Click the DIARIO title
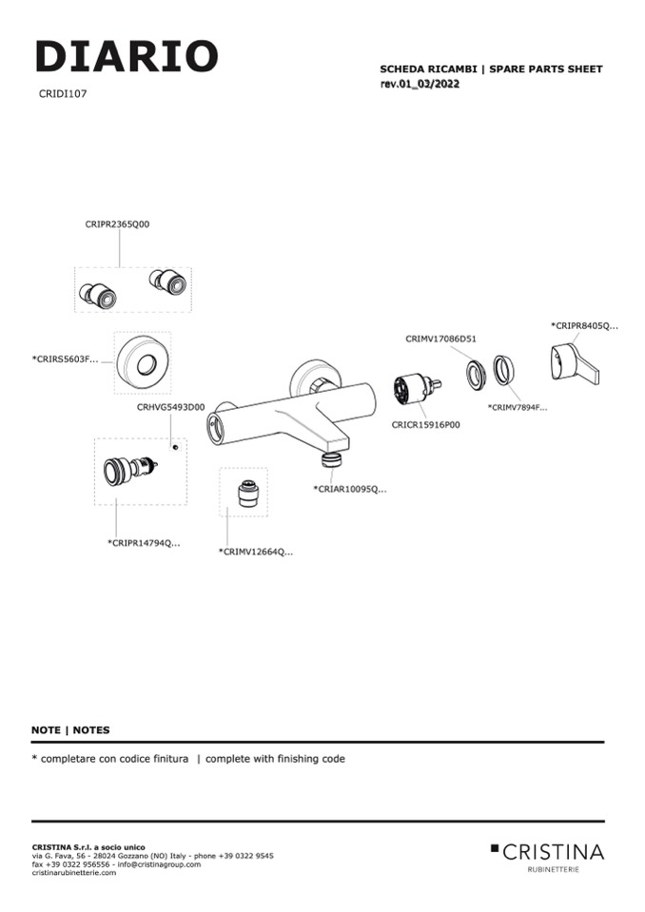pyautogui.click(x=127, y=57)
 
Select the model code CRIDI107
pyautogui.click(x=63, y=94)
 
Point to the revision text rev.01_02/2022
pyautogui.click(x=420, y=85)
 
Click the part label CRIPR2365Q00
pyautogui.click(x=117, y=224)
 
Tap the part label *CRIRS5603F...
pyautogui.click(x=65, y=359)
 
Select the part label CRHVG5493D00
pyautogui.click(x=170, y=407)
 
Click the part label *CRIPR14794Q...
pyautogui.click(x=144, y=543)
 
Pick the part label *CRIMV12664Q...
pyautogui.click(x=255, y=552)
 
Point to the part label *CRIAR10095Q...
pyautogui.click(x=350, y=489)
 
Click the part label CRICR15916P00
pyautogui.click(x=425, y=425)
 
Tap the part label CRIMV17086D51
pyautogui.click(x=440, y=339)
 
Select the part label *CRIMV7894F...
pyautogui.click(x=518, y=407)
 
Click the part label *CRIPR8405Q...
pyautogui.click(x=584, y=326)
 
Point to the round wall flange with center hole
pyautogui.click(x=142, y=362)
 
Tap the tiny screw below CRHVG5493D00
pyautogui.click(x=175, y=445)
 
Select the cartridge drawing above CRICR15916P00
pyautogui.click(x=416, y=393)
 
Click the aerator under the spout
pyautogui.click(x=331, y=459)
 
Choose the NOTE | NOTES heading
pyautogui.click(x=70, y=730)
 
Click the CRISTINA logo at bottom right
pyautogui.click(x=547, y=852)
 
